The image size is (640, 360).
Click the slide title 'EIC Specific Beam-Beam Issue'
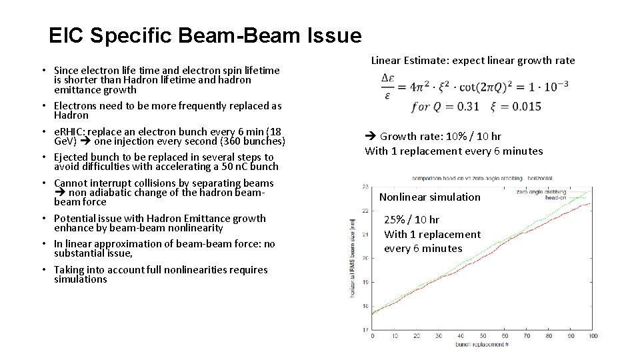205,35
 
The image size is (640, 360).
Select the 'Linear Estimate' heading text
409,61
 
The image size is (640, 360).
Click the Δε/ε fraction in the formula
388,86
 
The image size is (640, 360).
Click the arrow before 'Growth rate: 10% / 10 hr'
371,137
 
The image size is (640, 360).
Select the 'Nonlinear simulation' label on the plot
429,197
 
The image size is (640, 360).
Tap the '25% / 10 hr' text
411,219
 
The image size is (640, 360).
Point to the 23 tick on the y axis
364,187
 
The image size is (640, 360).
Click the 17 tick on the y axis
364,329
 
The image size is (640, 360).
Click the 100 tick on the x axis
593,336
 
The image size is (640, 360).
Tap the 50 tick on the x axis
483,336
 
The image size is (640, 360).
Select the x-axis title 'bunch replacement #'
482,344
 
